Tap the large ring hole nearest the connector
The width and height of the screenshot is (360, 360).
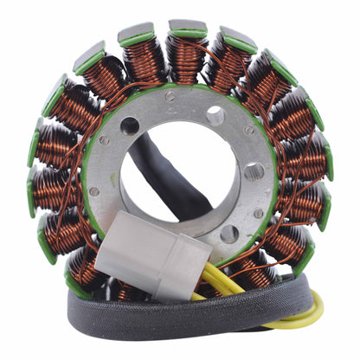pos(228,235)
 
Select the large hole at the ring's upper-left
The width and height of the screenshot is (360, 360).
pos(131,125)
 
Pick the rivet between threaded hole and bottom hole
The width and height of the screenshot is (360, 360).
pos(257,213)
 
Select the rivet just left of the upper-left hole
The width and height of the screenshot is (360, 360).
pos(105,139)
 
